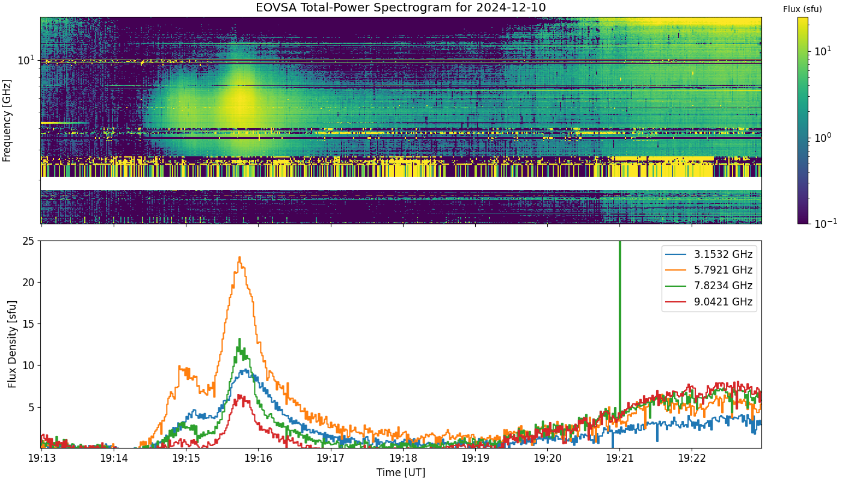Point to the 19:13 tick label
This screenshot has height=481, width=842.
point(41,458)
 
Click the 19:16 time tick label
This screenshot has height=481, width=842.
point(258,458)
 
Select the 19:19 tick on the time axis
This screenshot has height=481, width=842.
point(475,458)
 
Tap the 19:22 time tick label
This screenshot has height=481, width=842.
point(692,458)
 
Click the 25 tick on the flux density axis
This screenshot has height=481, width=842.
point(28,241)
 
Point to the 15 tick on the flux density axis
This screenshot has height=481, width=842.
point(28,324)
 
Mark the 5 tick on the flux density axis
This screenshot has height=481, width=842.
point(31,408)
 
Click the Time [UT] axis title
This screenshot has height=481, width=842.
point(401,473)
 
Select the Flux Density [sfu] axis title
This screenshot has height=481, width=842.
point(12,344)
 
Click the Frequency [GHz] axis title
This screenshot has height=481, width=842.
point(7,121)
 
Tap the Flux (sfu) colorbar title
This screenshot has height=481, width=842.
point(802,9)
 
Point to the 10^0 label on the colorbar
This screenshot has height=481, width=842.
point(823,138)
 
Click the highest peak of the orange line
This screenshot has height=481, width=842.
point(239,257)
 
